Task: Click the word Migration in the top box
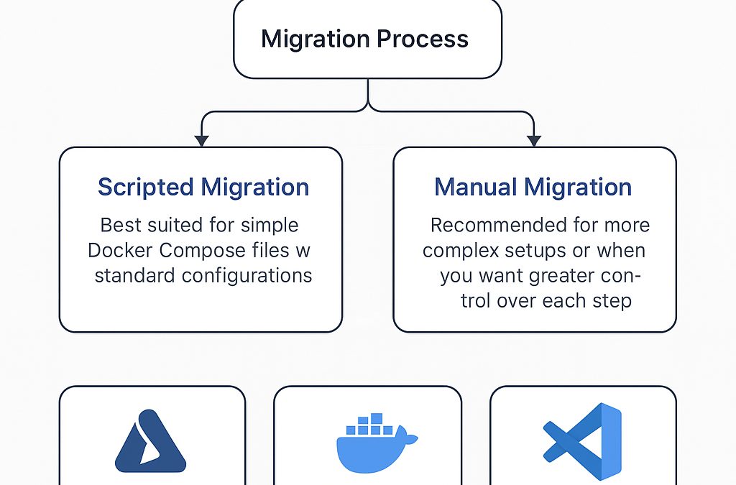pyautogui.click(x=316, y=40)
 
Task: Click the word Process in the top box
pyautogui.click(x=423, y=39)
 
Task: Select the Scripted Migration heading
pyautogui.click(x=203, y=188)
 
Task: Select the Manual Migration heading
pyautogui.click(x=533, y=187)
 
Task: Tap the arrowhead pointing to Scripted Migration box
pyautogui.click(x=201, y=141)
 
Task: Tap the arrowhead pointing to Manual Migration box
pyautogui.click(x=534, y=141)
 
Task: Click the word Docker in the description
pyautogui.click(x=120, y=251)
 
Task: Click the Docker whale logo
pyautogui.click(x=377, y=443)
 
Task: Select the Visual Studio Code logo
pyautogui.click(x=582, y=441)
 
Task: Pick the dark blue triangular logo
pyautogui.click(x=150, y=441)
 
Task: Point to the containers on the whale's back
pyautogui.click(x=369, y=424)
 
